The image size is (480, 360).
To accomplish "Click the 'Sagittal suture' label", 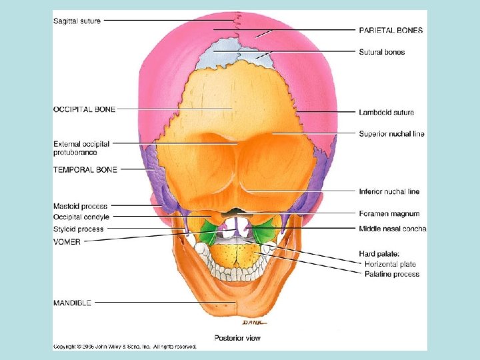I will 77,21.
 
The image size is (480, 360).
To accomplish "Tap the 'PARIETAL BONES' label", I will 391,30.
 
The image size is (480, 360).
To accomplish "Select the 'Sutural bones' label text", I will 382,52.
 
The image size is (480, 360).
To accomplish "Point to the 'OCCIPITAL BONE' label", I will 84,109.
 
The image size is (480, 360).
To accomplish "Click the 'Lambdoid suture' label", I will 387,112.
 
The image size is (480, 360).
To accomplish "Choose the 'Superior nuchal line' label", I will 392,134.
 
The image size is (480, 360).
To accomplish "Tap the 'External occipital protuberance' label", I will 81,147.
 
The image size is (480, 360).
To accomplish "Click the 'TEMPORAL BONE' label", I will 85,169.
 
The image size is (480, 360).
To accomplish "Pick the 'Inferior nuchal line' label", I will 389,191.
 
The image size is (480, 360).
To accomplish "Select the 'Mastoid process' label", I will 80,206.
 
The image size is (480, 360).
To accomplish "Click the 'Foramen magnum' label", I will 389,214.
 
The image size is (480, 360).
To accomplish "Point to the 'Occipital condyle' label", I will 81,217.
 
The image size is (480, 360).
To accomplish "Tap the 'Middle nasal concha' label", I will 393,229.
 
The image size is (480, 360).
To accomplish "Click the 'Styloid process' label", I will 79,229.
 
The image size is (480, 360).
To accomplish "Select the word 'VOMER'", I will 67,242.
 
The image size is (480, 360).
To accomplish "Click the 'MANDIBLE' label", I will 71,302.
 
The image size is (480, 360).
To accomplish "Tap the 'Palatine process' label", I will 392,274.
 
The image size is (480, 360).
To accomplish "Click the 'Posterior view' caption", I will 237,338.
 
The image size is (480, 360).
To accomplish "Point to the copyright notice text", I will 125,347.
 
